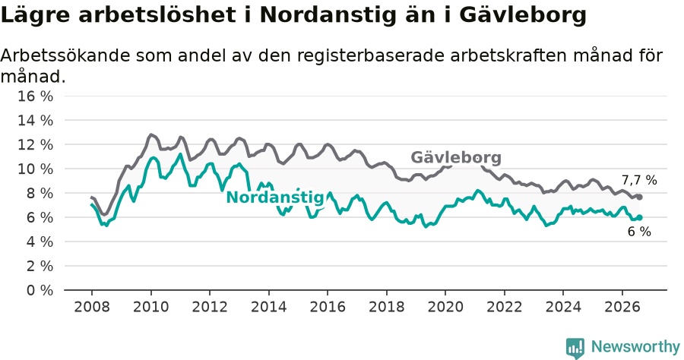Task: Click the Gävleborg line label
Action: point(456,157)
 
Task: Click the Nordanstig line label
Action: point(275,197)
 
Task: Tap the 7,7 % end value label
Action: point(639,180)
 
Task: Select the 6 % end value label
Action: point(639,232)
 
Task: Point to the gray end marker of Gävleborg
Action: point(639,197)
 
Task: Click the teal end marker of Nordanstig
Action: point(639,217)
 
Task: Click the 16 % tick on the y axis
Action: point(35,96)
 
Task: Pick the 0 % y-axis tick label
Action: point(40,290)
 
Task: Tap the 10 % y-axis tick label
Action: point(35,169)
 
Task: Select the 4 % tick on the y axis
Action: point(40,242)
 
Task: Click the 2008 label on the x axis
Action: point(92,307)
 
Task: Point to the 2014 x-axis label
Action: point(269,307)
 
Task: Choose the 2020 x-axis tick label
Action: point(445,307)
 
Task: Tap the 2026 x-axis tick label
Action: point(622,307)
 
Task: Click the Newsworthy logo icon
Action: point(575,348)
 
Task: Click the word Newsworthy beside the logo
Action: point(635,347)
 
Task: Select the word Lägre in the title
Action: point(35,16)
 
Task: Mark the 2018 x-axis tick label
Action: point(387,307)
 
